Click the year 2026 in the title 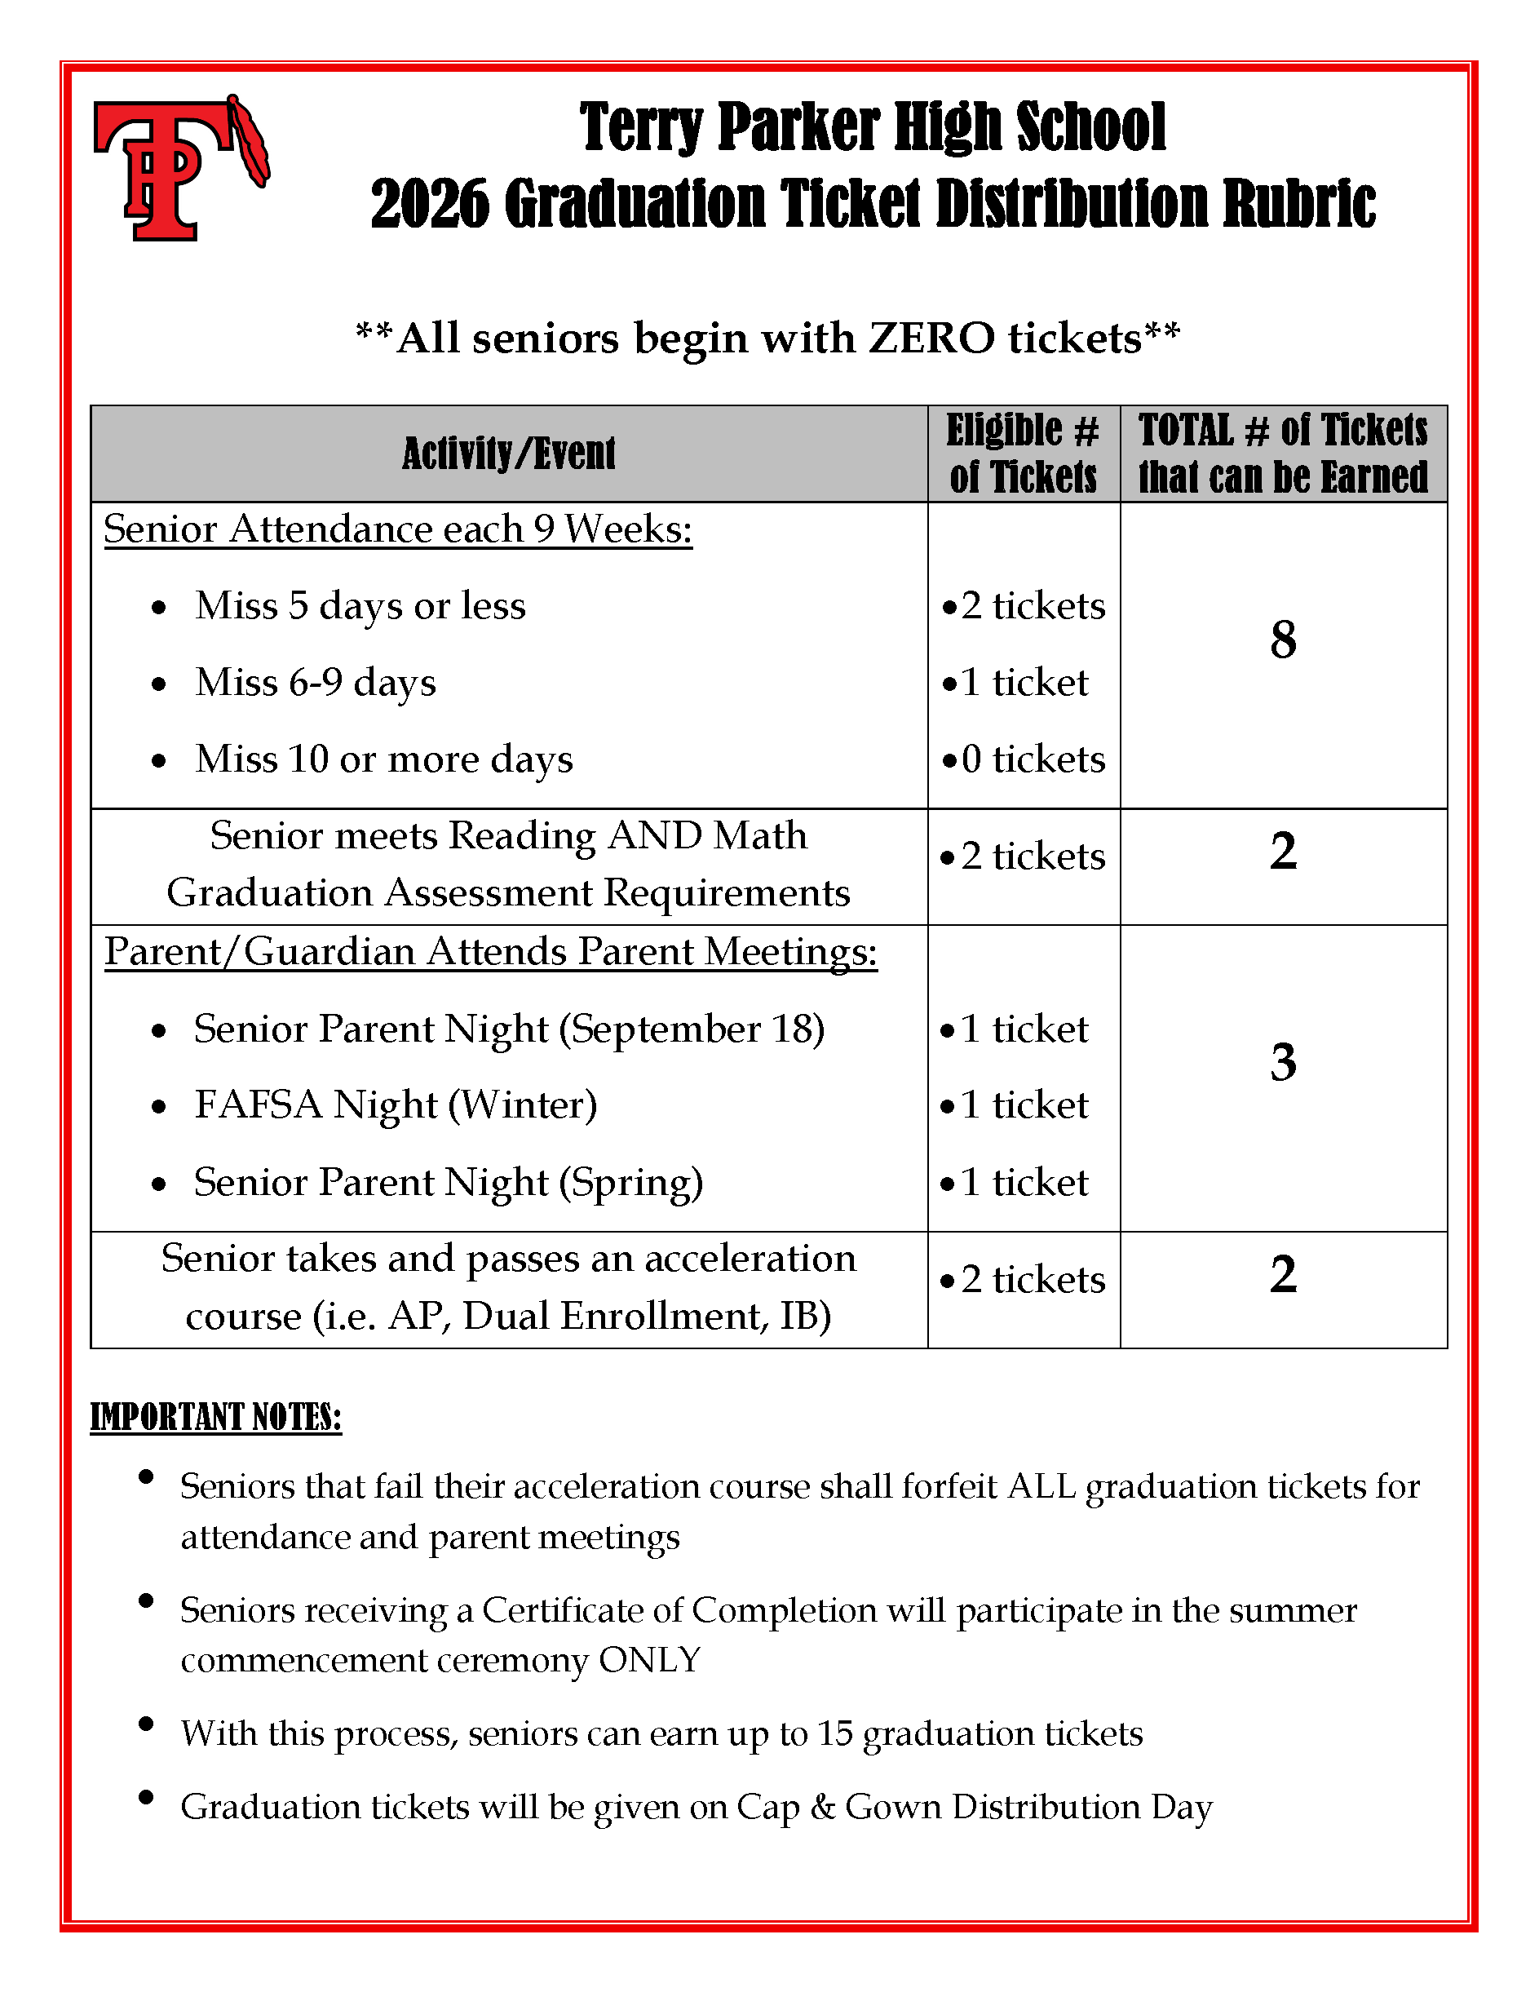point(430,203)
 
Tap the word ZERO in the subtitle point(931,339)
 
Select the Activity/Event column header point(509,454)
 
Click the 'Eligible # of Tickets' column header point(1023,454)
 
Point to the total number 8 point(1283,640)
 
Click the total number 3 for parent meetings point(1283,1063)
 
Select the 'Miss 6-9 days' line point(316,682)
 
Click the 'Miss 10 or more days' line point(384,759)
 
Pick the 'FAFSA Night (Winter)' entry point(396,1104)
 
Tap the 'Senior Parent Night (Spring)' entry point(449,1182)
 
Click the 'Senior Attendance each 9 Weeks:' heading point(397,529)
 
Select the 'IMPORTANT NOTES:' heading point(216,1418)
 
